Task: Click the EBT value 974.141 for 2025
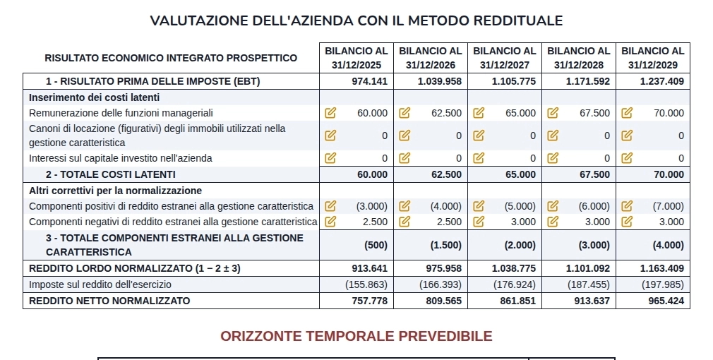(370, 81)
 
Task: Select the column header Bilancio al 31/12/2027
(504, 58)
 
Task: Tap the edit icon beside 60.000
(330, 113)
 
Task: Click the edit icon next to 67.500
(553, 113)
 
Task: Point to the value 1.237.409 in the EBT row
(661, 81)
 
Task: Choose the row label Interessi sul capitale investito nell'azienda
(121, 158)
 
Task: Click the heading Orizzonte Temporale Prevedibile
(356, 336)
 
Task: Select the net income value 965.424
(666, 301)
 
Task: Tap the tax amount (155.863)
(366, 284)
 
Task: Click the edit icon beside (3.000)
(330, 206)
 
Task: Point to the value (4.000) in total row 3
(668, 245)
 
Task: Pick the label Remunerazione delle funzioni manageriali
(121, 113)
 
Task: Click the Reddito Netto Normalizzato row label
(109, 301)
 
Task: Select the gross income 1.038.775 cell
(513, 268)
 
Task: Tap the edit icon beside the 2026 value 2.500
(405, 222)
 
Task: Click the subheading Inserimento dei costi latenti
(94, 97)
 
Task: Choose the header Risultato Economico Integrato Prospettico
(171, 58)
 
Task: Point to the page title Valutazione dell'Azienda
(356, 20)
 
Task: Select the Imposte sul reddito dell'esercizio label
(100, 284)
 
